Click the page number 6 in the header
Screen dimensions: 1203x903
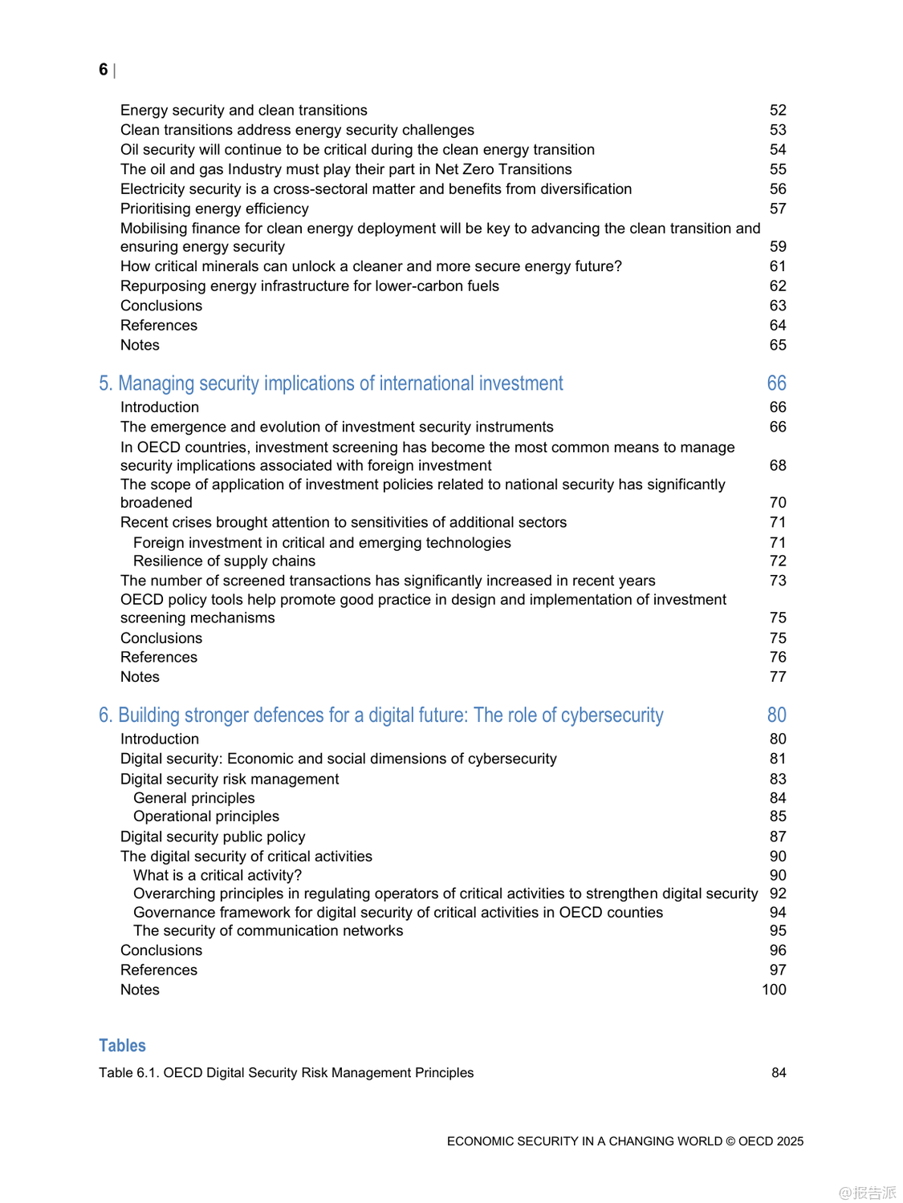pyautogui.click(x=103, y=70)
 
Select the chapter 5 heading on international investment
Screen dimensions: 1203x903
pyautogui.click(x=331, y=383)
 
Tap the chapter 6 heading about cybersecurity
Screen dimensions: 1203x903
pyautogui.click(x=380, y=715)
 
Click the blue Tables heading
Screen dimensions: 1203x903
pyautogui.click(x=122, y=1046)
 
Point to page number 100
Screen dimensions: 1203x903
pyautogui.click(x=774, y=990)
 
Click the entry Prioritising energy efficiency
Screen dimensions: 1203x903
pyautogui.click(x=214, y=209)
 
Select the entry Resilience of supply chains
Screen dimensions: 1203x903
pyautogui.click(x=224, y=561)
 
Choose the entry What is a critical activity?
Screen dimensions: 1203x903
pyautogui.click(x=218, y=876)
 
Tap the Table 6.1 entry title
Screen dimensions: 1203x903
pyautogui.click(x=286, y=1073)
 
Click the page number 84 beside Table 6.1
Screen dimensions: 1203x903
pyautogui.click(x=779, y=1073)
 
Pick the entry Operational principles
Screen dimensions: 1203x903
pyautogui.click(x=206, y=816)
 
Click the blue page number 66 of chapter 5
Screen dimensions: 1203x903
pyautogui.click(x=776, y=383)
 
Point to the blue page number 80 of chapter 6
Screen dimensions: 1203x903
pyautogui.click(x=776, y=715)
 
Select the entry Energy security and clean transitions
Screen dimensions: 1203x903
pyautogui.click(x=243, y=111)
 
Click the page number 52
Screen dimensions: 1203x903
pyautogui.click(x=778, y=111)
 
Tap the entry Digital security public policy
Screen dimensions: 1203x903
pyautogui.click(x=213, y=837)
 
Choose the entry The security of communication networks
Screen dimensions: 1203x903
pyautogui.click(x=268, y=931)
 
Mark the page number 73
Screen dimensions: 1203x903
pyautogui.click(x=778, y=581)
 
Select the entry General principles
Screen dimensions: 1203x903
pyautogui.click(x=194, y=799)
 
